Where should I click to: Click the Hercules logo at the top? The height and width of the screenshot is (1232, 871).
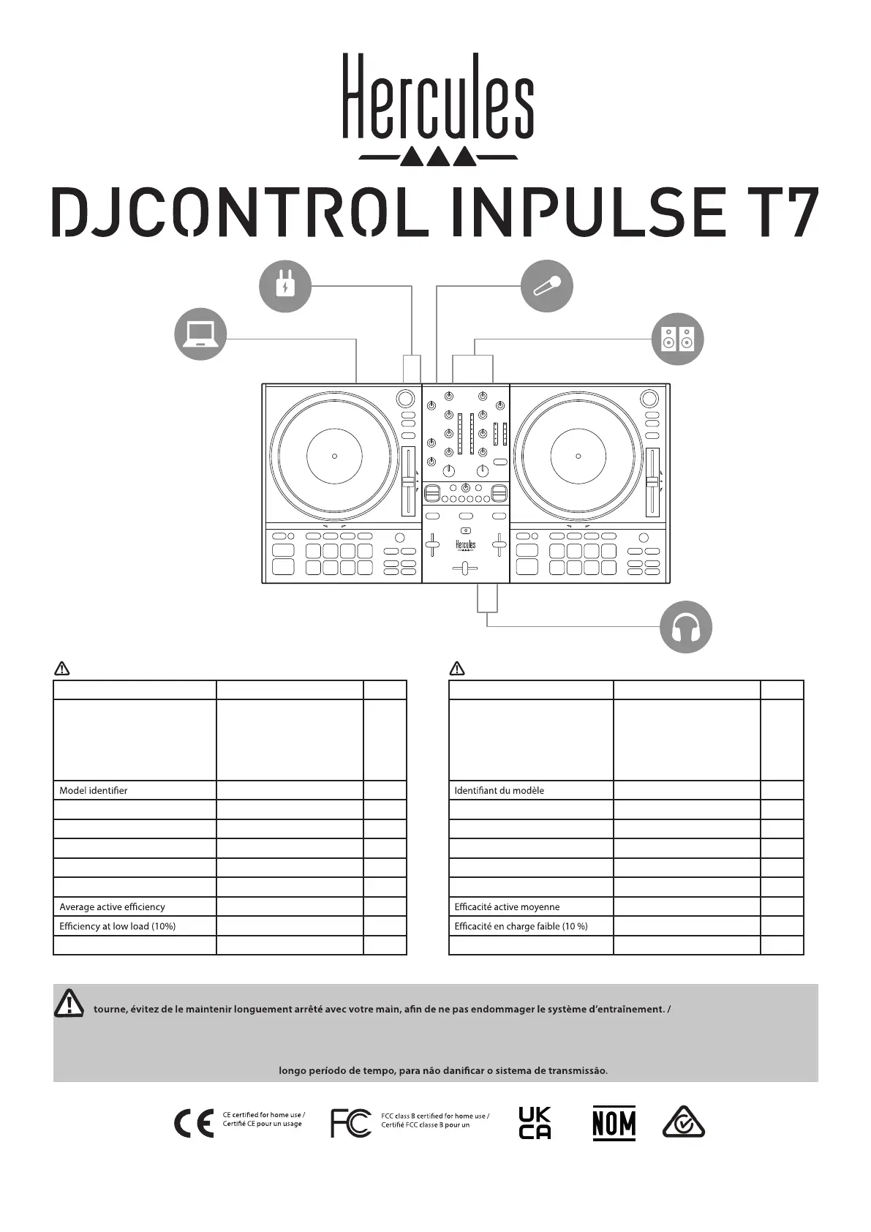click(x=437, y=108)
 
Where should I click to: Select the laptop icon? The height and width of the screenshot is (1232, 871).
click(x=200, y=334)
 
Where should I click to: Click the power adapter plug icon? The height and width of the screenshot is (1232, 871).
click(x=285, y=286)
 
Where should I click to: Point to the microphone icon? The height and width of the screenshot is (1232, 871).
click(x=546, y=286)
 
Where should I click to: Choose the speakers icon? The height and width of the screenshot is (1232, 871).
click(x=677, y=339)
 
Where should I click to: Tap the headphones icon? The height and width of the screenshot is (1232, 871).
click(x=685, y=627)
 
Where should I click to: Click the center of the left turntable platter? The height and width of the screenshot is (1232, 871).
click(x=334, y=456)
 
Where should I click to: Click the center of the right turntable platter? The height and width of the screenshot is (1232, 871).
click(x=578, y=456)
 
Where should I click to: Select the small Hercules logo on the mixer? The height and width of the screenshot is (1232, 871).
click(x=466, y=546)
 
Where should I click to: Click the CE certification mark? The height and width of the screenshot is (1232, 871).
click(x=194, y=1124)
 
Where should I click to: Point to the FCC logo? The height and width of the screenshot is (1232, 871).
click(x=351, y=1123)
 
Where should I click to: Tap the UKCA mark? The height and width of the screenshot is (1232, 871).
click(x=535, y=1123)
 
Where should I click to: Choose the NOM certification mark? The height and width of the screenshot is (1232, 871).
click(x=614, y=1123)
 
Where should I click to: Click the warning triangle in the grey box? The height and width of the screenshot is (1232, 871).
click(x=69, y=1002)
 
